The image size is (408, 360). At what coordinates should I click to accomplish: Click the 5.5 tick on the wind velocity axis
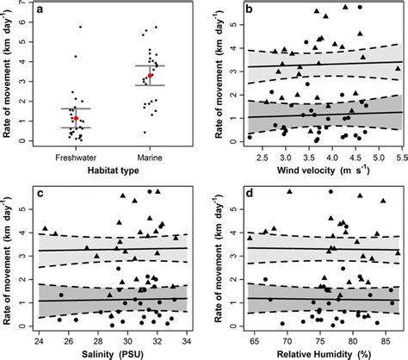(399, 157)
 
